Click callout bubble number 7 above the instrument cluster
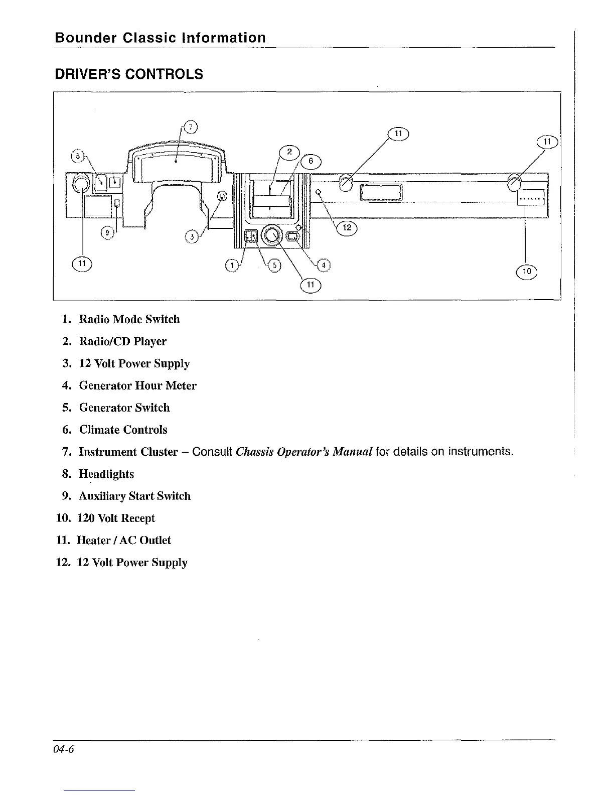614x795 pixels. [191, 126]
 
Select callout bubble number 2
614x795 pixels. [289, 153]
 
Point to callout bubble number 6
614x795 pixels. [311, 161]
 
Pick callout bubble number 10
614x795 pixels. [526, 272]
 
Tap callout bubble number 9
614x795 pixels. [108, 233]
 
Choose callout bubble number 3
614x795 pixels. [192, 236]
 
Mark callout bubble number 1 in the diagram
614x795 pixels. [232, 266]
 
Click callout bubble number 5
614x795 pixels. [274, 266]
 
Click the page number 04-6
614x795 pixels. [65, 749]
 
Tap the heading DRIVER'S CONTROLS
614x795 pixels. [129, 74]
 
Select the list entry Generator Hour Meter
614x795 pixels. [137, 385]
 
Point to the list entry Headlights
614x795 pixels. [106, 474]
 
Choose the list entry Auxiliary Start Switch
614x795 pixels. [134, 496]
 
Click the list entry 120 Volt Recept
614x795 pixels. [116, 518]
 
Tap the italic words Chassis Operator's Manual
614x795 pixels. [303, 452]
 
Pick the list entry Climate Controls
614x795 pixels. [123, 430]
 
